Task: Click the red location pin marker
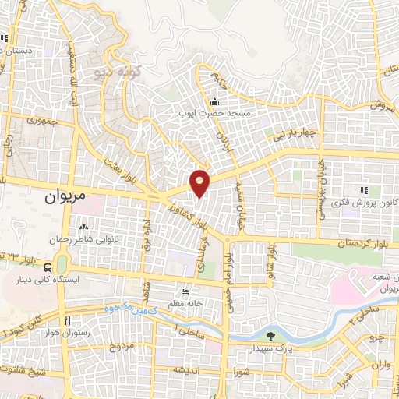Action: pos(200,182)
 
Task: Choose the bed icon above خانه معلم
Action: pos(185,291)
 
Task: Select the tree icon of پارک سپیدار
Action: pos(270,337)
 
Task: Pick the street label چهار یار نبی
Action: pos(298,133)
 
